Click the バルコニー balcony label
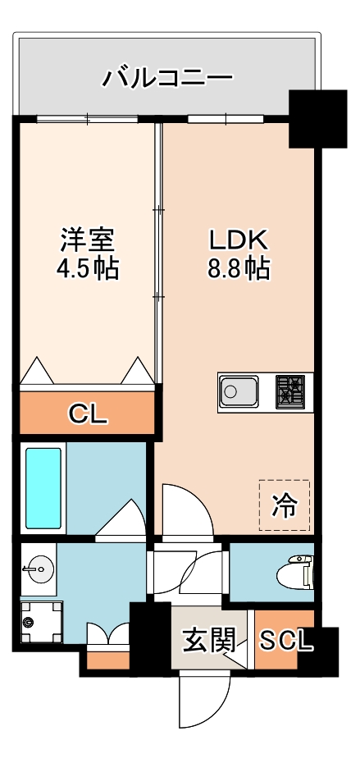tap(167, 79)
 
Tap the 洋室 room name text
tap(88, 240)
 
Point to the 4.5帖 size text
tap(88, 268)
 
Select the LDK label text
tap(238, 240)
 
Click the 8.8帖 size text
tap(238, 268)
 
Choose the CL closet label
tap(87, 414)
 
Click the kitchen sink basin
tap(240, 391)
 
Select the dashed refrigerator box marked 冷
tap(285, 505)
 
